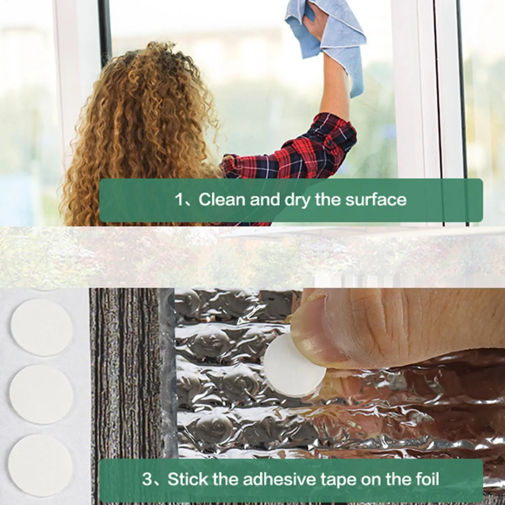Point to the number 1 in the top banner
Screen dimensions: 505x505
pyautogui.click(x=179, y=200)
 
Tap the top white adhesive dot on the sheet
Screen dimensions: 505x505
pyautogui.click(x=41, y=327)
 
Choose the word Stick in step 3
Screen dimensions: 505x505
pyautogui.click(x=188, y=479)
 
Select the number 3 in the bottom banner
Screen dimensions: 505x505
pyautogui.click(x=147, y=479)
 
